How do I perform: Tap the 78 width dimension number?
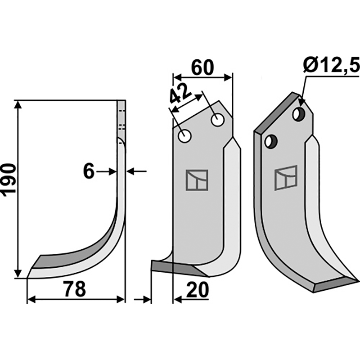[x=74, y=290]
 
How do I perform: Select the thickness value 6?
[x=89, y=171]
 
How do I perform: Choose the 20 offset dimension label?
[x=196, y=290]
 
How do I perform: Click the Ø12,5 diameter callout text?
[x=331, y=66]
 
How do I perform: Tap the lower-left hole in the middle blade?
[x=184, y=135]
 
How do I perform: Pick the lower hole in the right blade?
[x=270, y=142]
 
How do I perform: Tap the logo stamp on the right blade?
[x=286, y=177]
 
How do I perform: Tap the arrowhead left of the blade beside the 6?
[x=113, y=171]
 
